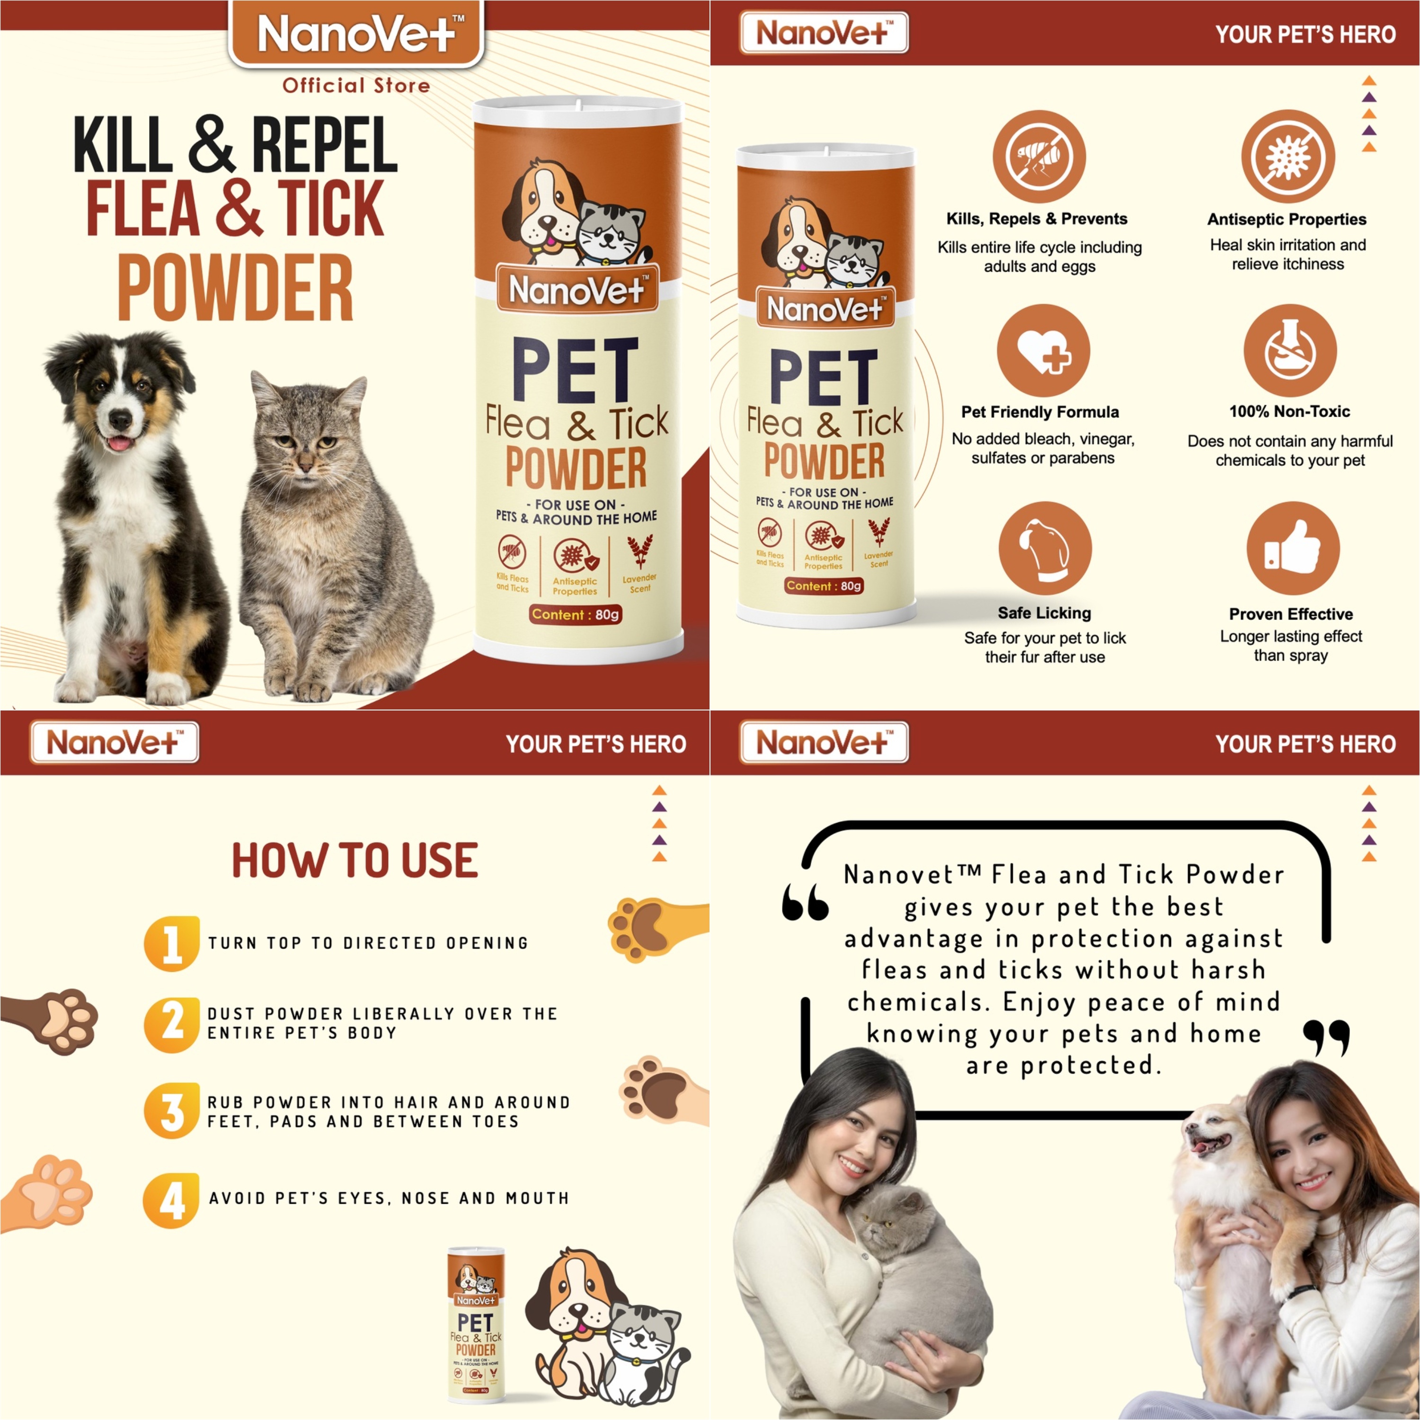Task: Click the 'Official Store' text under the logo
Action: (x=356, y=86)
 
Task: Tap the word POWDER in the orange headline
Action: (x=235, y=288)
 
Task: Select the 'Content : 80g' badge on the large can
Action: (x=576, y=614)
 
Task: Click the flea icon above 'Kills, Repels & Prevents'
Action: (x=1038, y=157)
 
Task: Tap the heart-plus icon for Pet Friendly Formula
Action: (x=1043, y=351)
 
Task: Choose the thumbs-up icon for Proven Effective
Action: (x=1292, y=548)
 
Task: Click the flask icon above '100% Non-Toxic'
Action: (x=1289, y=351)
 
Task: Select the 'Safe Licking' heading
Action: (x=1044, y=613)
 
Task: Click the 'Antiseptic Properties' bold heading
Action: (x=1286, y=219)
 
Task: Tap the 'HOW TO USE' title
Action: (x=355, y=861)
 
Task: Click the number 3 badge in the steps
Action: (x=171, y=1110)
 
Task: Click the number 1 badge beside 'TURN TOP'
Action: (x=171, y=944)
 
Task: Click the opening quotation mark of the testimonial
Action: (x=805, y=903)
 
